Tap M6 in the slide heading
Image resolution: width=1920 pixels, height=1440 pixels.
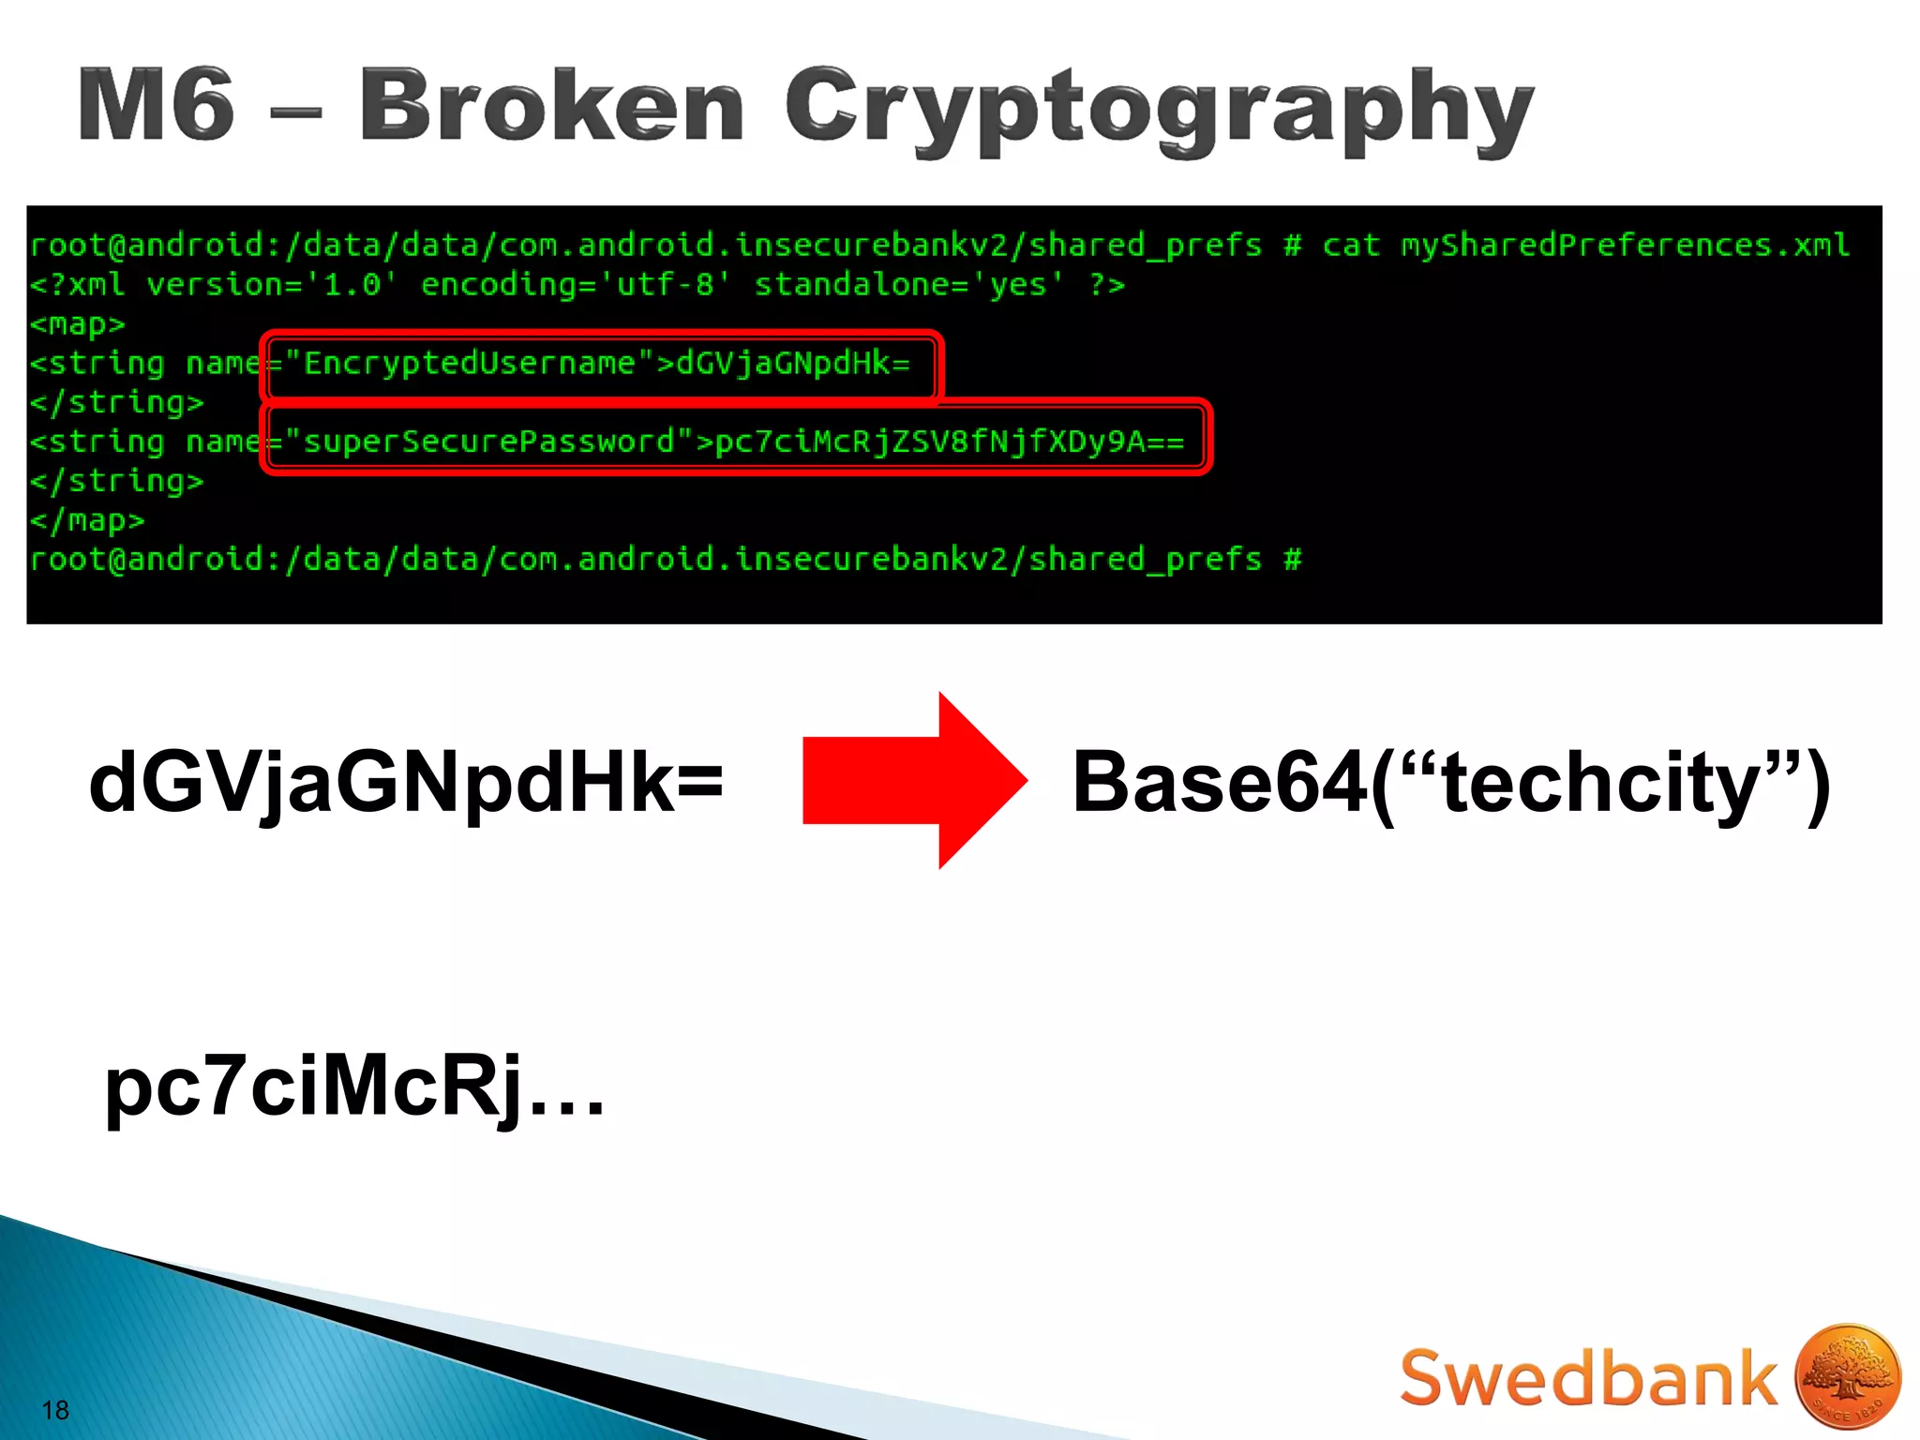(156, 105)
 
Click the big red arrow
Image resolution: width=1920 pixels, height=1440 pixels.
(914, 780)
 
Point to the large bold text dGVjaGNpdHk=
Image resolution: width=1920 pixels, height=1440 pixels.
(406, 783)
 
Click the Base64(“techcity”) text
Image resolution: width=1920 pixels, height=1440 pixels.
(1450, 783)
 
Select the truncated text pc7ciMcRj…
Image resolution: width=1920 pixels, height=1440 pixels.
(354, 1087)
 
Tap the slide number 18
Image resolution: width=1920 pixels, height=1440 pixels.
(55, 1410)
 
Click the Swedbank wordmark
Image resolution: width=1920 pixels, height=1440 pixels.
(1587, 1378)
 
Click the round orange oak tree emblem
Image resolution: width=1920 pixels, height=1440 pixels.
(1847, 1376)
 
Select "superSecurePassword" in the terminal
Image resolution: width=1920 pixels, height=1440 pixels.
(488, 442)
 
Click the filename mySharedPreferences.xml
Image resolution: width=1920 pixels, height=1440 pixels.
(1625, 246)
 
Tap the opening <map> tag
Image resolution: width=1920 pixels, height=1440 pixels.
(77, 324)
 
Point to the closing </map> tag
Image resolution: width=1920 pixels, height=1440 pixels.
(87, 520)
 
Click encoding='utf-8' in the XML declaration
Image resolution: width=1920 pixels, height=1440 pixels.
(575, 285)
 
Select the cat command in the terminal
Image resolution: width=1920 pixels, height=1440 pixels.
(1351, 246)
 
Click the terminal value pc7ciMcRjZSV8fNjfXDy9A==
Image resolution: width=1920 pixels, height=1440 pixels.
(949, 442)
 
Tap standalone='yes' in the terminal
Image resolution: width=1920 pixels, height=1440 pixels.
(908, 285)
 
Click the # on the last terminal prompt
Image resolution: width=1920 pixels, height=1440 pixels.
(1293, 560)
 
